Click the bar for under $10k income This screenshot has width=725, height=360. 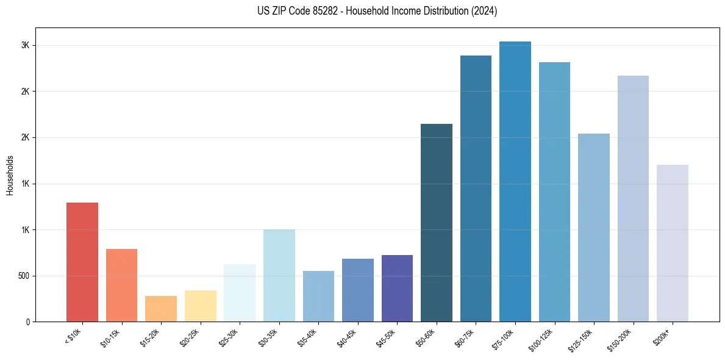coord(82,262)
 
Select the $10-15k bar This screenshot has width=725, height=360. coord(121,285)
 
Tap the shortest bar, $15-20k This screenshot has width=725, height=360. coord(160,309)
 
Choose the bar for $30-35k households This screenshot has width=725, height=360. coord(279,276)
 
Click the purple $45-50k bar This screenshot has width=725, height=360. coord(397,288)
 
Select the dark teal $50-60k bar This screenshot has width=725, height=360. coord(436,223)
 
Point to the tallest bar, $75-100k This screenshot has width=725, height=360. coord(515,181)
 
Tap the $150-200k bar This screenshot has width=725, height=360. coord(633,198)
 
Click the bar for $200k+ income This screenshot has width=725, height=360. coord(672,243)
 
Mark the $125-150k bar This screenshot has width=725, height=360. coord(593,228)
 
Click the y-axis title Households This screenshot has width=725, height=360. coord(10,175)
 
